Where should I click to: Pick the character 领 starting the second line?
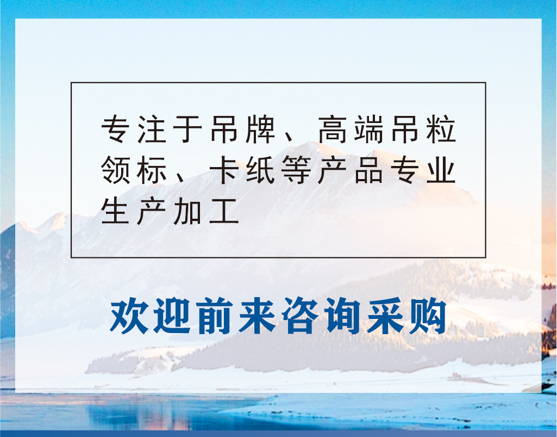click(x=115, y=171)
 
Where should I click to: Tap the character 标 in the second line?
click(x=151, y=171)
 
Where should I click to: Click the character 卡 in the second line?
click(x=224, y=171)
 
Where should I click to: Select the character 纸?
click(x=260, y=171)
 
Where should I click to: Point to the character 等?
click(x=296, y=171)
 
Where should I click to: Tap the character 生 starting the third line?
click(x=115, y=212)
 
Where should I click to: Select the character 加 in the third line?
click(x=187, y=212)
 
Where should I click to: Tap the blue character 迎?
click(x=172, y=316)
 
